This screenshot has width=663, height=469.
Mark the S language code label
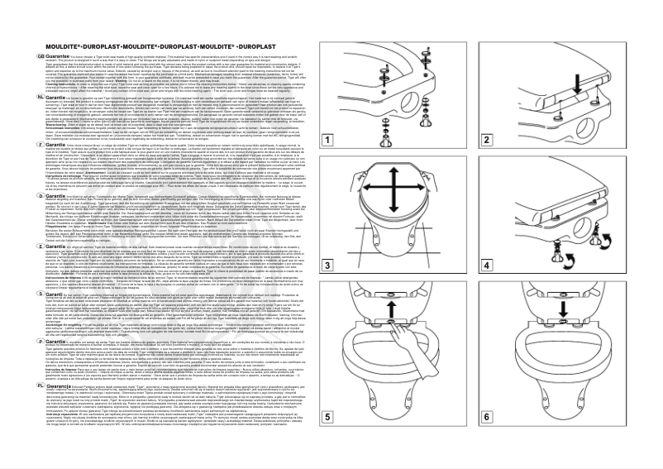[x=16, y=292]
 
